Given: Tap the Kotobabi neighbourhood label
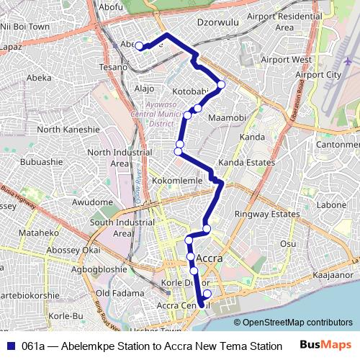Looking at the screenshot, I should [x=190, y=91].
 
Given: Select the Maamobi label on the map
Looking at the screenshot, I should [x=228, y=117].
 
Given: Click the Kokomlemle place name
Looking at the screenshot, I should [x=178, y=181].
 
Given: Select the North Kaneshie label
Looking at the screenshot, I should [x=68, y=130].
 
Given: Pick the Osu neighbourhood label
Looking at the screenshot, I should [x=288, y=244].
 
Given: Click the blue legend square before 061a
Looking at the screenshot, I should [x=10, y=346].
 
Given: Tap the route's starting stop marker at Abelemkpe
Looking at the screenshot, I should [x=140, y=47].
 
